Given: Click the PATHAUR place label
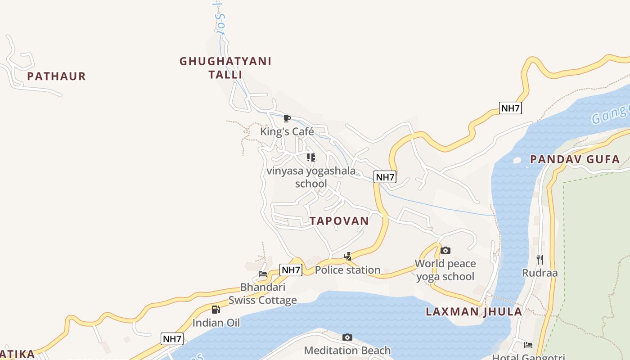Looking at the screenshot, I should tap(56, 76).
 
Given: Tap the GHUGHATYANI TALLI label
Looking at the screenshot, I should tap(225, 67).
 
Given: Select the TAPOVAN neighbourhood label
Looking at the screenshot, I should tap(339, 220).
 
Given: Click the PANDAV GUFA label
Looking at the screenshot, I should tap(575, 159).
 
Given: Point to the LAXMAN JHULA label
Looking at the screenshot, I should tap(474, 311).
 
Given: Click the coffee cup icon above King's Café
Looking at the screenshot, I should tap(287, 119).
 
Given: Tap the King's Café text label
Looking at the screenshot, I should tap(287, 131).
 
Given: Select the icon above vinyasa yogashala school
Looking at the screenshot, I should tap(310, 157).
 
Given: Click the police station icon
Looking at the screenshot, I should tap(347, 257).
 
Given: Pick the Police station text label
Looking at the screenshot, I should tap(347, 270).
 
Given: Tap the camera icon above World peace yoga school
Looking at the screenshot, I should tap(445, 251).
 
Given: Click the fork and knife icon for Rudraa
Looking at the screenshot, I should tap(540, 259).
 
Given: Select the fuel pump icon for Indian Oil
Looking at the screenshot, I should tap(216, 310).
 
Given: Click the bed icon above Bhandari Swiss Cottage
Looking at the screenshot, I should tap(263, 274).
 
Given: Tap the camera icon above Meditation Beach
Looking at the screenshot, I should tap(347, 337).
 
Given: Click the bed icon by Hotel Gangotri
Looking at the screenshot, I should tap(528, 345).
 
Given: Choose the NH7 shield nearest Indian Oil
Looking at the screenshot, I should tap(172, 339).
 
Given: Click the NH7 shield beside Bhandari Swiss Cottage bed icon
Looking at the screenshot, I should tap(291, 270).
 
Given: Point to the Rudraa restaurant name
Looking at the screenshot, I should tap(540, 273).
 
